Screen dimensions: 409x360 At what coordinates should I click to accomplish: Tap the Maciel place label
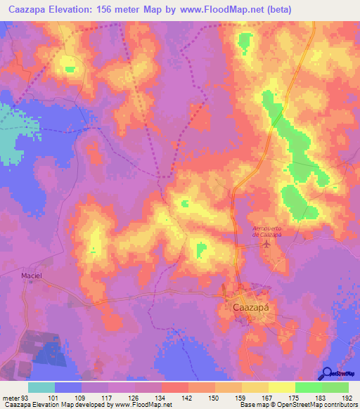(32, 276)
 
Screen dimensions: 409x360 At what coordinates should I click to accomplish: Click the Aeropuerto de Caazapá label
(267, 231)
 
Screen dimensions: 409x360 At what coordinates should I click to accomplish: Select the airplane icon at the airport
(266, 245)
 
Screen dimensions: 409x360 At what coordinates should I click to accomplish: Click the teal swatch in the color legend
(41, 387)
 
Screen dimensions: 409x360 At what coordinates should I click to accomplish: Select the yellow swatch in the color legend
(281, 387)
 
